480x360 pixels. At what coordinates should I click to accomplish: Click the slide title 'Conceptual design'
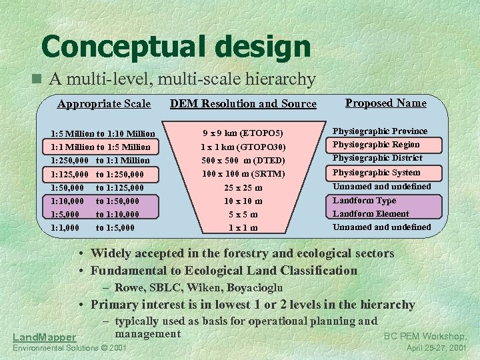pos(175,47)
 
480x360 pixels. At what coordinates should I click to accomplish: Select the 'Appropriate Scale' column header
pos(104,103)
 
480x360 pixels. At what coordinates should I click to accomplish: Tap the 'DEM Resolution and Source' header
pos(243,103)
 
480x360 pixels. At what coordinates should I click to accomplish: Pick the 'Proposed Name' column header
pos(385,103)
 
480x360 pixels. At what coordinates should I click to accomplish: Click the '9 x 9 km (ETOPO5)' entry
pos(243,133)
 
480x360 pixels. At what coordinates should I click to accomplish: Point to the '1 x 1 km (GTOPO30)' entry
pos(243,147)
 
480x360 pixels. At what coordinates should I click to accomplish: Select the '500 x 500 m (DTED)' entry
pos(243,160)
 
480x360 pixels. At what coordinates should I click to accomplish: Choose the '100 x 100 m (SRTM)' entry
pos(243,173)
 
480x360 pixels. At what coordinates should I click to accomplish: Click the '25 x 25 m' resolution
pos(243,187)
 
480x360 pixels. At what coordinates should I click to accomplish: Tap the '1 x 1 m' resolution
pos(243,228)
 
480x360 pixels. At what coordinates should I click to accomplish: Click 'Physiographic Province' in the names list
pos(380,131)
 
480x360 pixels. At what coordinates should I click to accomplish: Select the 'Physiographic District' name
pos(377,158)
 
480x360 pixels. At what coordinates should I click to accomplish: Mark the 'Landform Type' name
pos(364,200)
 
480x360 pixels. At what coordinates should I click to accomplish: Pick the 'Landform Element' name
pos(371,213)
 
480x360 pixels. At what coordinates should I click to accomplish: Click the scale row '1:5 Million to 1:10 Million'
pos(103,133)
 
